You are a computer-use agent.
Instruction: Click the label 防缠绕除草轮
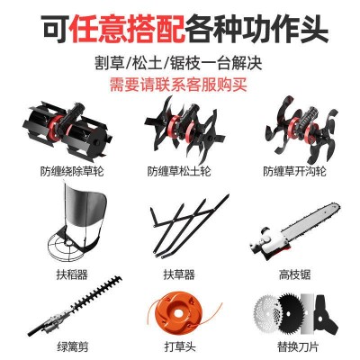coord(72,171)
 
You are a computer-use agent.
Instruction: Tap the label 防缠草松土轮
coord(179,171)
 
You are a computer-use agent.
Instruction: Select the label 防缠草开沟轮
coord(294,171)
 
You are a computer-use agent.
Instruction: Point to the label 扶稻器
coord(72,274)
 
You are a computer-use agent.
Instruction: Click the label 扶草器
coord(179,274)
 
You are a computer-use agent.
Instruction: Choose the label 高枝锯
coord(294,274)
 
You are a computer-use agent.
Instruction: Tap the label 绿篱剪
coord(72,347)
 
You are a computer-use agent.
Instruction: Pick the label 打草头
coord(180,347)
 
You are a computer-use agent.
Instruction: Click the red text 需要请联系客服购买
coord(178,85)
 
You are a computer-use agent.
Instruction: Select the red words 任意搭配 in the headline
coord(127,29)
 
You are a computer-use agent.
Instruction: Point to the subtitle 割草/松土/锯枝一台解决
coord(178,63)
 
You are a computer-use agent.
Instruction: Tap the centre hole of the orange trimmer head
coord(180,314)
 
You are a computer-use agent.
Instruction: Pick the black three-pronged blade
coord(326,315)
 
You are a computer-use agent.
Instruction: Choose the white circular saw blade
coord(267,312)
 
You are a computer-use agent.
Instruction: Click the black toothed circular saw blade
coord(290,314)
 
